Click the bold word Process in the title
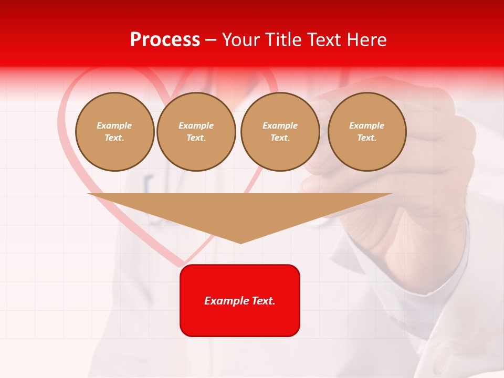(x=165, y=40)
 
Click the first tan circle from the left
(x=115, y=132)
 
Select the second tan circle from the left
(x=196, y=132)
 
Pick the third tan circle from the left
(x=280, y=132)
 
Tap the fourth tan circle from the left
(x=367, y=132)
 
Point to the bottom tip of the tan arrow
(x=240, y=243)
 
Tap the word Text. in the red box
(x=263, y=301)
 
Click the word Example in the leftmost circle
(x=114, y=125)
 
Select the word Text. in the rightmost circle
(x=367, y=138)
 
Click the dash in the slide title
(x=211, y=40)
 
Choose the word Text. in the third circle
(x=280, y=138)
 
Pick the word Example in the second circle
(x=196, y=125)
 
